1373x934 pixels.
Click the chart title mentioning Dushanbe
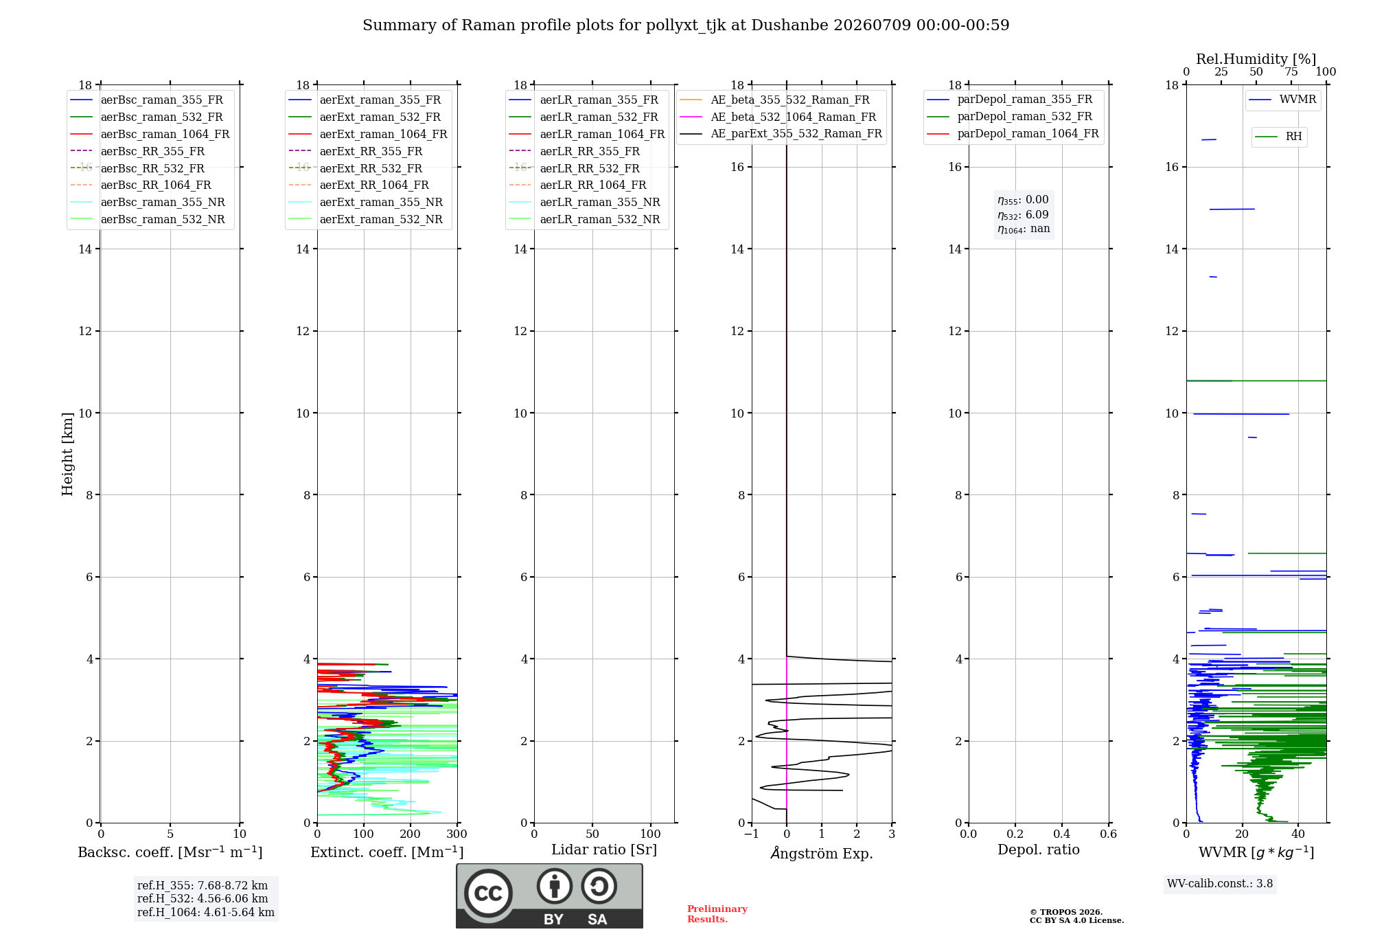coord(686,25)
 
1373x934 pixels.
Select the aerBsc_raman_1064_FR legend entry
coord(150,134)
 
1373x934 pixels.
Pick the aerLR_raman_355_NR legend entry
coord(584,202)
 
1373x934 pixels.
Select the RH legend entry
coord(1278,137)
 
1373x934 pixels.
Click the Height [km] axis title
coord(67,454)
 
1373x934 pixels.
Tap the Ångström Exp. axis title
coord(822,853)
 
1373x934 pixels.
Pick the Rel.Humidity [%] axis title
coord(1256,59)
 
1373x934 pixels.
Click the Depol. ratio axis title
coord(1039,850)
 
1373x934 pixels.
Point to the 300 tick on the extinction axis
coord(457,834)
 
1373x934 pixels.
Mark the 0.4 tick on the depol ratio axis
coord(1062,834)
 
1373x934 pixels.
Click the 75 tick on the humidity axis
coord(1291,72)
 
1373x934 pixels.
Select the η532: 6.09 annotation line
coord(1023,215)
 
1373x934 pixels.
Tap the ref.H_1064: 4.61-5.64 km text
coord(206,913)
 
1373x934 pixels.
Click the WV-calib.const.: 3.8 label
coord(1220,884)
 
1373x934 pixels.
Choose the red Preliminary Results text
coord(717,914)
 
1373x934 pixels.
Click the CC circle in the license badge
coord(488,893)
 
